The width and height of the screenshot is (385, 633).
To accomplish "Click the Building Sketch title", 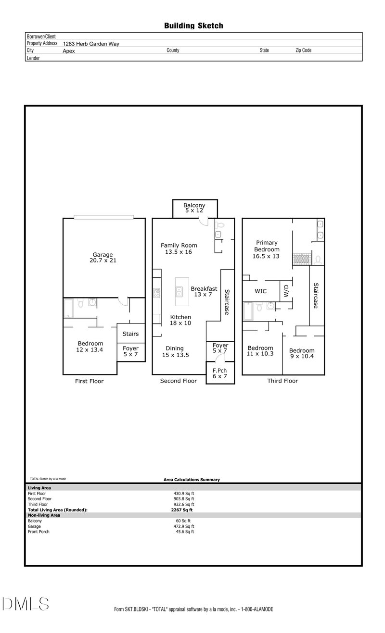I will pos(193,25).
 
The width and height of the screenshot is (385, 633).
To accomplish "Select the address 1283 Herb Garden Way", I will pos(91,44).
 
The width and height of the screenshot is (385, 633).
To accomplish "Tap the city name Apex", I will pos(69,50).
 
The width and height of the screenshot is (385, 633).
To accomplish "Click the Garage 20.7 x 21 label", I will pos(103,258).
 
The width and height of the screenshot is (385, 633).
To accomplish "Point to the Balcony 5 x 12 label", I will pos(194,208).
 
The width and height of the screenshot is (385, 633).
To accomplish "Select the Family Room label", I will pos(179,248).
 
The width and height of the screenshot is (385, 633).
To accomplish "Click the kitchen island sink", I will pos(180,290).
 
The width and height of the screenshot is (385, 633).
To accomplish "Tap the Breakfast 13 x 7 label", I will pos(204,292).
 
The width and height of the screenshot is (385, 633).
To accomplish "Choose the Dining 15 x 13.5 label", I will pos(175,352).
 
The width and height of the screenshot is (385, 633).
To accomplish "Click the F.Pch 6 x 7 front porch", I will pos(220,373).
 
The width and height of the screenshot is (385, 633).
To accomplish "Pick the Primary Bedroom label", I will pos(267,249).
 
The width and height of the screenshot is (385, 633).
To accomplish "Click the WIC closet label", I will pos(261,291).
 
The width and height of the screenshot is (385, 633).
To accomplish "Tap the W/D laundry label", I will pos(285,291).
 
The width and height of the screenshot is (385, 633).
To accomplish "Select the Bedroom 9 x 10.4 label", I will pos(302,354).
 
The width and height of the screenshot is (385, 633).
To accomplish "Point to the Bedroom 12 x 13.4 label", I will pos(90,347).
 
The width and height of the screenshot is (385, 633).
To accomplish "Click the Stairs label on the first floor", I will pos(130,334).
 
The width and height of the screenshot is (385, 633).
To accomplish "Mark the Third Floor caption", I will pos(282,381).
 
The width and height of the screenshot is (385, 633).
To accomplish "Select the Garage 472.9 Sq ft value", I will pos(184,526).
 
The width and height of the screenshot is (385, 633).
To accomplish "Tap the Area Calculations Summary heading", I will pos(192,479).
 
